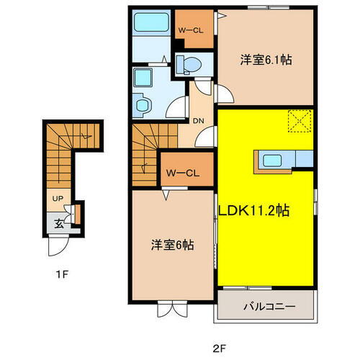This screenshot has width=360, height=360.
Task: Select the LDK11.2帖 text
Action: coord(254,211)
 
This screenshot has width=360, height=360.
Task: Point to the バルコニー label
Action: coord(267,306)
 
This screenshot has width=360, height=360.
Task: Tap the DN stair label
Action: coord(197,120)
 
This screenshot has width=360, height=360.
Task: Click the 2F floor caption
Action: coord(220,348)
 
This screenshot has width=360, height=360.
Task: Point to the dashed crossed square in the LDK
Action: coord(298,120)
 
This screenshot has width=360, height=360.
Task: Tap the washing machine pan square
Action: coord(143,78)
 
